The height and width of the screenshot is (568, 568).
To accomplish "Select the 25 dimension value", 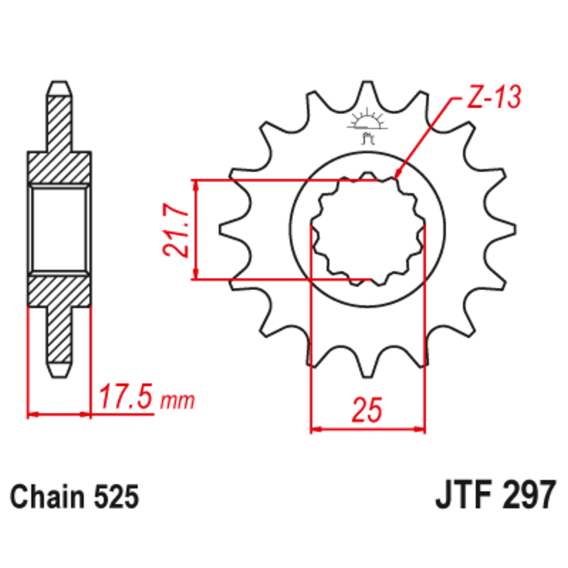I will click(x=368, y=410).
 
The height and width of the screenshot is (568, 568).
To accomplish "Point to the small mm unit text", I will click(x=177, y=402).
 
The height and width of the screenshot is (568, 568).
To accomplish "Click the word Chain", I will click(x=49, y=496).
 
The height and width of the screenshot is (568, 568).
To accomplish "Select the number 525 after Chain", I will click(x=114, y=496).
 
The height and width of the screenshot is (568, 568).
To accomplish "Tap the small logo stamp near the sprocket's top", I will click(x=367, y=122).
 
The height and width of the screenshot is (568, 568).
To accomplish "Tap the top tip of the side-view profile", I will click(x=60, y=85).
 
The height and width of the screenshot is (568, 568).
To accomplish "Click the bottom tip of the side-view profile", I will click(x=60, y=372).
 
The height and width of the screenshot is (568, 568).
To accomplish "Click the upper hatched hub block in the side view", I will click(x=60, y=167).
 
